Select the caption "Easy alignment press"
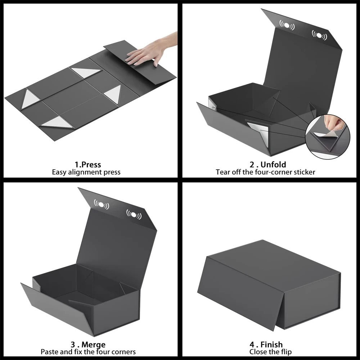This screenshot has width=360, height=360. tap(86, 172)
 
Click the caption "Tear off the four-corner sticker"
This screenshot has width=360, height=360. tap(266, 172)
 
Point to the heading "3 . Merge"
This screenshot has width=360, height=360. tap(88, 345)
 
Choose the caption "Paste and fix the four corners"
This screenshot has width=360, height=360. tap(88, 352)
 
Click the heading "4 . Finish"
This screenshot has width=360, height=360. tap(266, 345)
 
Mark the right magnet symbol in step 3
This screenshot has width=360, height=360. tap(134, 215)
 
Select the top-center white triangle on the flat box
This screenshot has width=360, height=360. tap(86, 73)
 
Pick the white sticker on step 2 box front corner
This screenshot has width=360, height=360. tap(258, 129)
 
